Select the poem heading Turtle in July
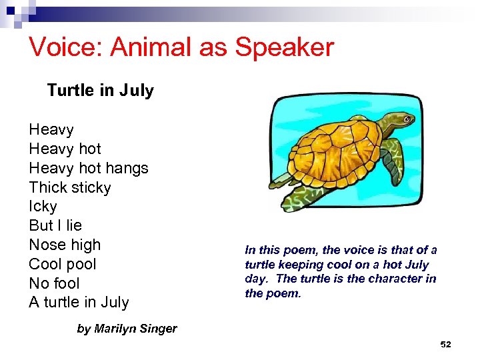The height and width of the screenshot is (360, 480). point(100,90)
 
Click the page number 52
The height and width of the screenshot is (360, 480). point(446,345)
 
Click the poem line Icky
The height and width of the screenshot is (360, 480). point(43,207)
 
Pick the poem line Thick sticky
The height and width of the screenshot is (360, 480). point(69,187)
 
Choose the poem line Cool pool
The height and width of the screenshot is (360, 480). point(62,264)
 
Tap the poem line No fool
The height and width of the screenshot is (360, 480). point(54,283)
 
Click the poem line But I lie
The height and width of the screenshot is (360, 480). point(55,225)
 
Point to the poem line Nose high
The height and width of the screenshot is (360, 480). point(64,245)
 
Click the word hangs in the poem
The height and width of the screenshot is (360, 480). point(127,168)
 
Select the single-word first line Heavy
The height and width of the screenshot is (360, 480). point(51,129)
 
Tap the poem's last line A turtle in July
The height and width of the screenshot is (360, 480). point(79,302)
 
